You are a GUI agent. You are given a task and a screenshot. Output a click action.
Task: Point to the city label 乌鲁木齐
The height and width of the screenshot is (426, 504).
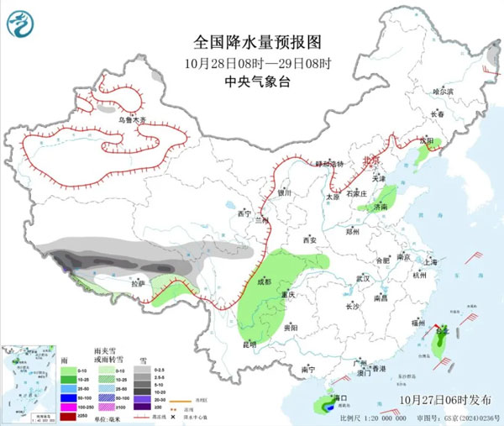[x=131, y=120]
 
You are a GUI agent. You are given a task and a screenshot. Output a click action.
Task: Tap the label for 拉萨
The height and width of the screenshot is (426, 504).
[x=138, y=284]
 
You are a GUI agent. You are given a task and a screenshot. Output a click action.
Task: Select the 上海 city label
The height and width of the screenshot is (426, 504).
[x=431, y=261]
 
